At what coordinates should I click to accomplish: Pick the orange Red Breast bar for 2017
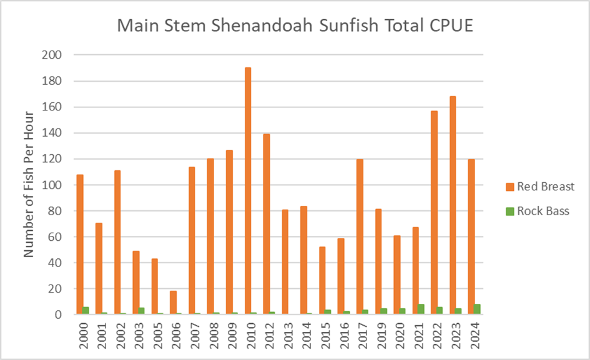click(360, 236)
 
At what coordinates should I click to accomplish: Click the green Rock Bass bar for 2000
click(86, 310)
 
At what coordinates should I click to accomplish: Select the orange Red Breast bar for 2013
click(285, 262)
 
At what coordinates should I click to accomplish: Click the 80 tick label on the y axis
click(55, 211)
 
